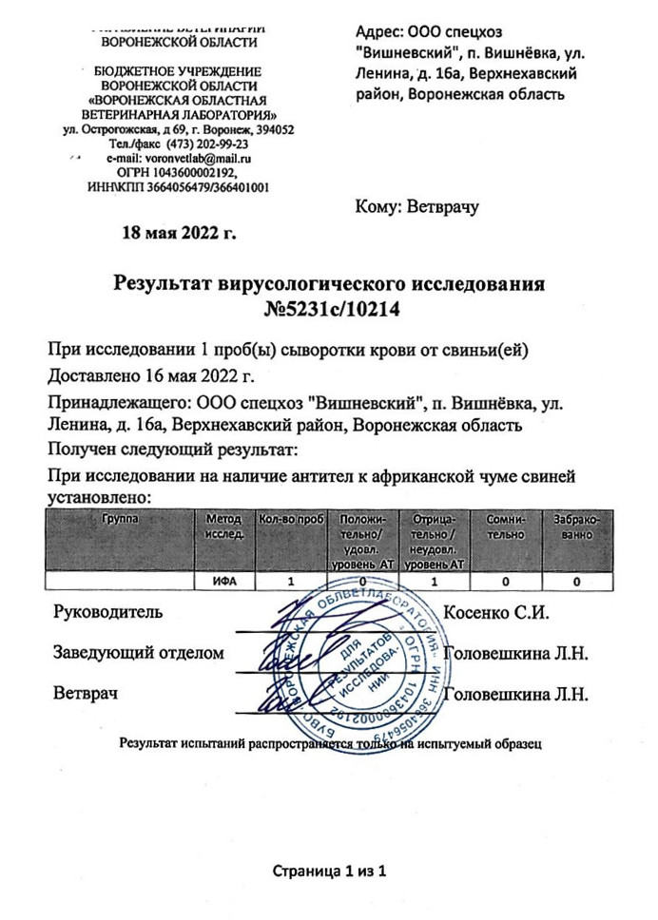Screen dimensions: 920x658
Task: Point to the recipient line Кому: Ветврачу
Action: (415, 205)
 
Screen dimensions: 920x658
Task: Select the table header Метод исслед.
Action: (224, 527)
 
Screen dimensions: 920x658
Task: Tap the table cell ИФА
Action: (224, 580)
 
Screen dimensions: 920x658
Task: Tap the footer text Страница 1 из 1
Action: (329, 871)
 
